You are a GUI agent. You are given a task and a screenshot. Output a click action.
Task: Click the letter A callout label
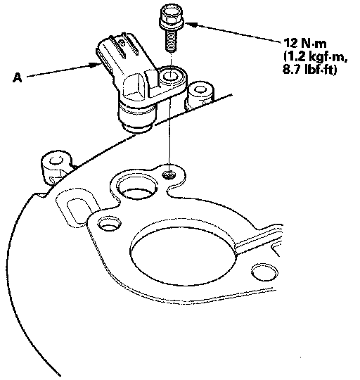click(17, 78)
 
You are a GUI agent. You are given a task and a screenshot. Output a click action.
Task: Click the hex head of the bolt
click(171, 16)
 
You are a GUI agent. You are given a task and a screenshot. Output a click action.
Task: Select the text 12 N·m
click(304, 44)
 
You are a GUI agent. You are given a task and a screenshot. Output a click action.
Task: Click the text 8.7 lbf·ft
click(309, 70)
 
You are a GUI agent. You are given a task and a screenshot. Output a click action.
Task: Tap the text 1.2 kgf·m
click(315, 57)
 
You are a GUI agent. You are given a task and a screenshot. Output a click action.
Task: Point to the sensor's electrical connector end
click(103, 58)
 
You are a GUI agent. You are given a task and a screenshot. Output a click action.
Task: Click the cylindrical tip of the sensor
click(136, 119)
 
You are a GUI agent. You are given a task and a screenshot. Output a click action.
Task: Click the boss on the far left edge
click(56, 167)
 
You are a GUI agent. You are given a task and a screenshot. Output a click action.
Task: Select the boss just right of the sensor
click(199, 95)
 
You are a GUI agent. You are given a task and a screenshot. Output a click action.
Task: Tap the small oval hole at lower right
click(264, 272)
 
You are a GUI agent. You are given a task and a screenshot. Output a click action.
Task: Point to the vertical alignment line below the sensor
click(171, 132)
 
